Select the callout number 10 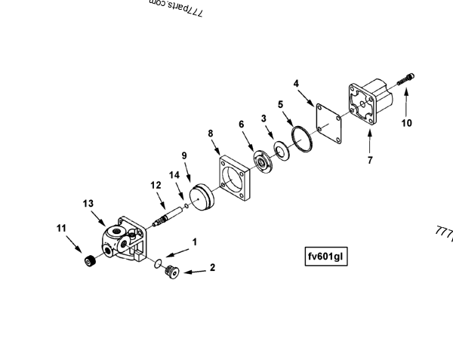[406, 123]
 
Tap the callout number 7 [369, 159]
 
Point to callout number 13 [88, 203]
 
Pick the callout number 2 [212, 267]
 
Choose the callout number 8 [211, 133]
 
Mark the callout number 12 [156, 184]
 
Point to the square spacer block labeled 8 [235, 182]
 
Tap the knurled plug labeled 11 [89, 262]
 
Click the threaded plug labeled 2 [169, 269]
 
